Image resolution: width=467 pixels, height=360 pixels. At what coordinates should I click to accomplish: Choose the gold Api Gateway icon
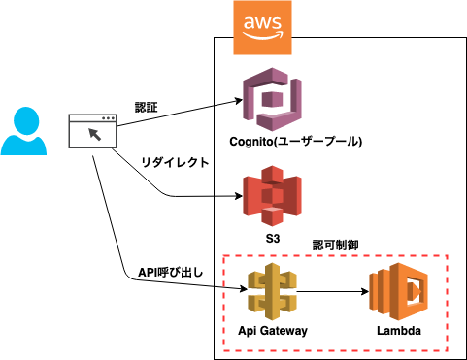272,289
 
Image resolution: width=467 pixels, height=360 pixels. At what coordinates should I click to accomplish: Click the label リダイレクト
175,163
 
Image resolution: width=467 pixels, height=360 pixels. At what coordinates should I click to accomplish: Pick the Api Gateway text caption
273,331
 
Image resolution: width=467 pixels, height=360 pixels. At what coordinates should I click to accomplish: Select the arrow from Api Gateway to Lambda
330,289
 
